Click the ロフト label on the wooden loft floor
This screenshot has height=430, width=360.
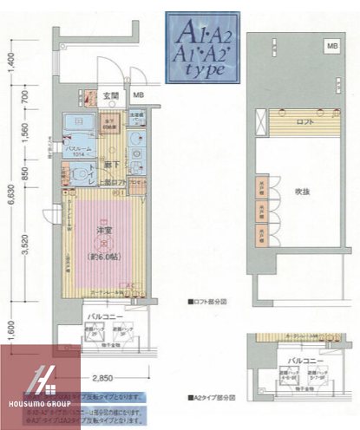pyautogui.click(x=304, y=122)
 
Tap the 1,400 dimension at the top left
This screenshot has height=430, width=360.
pyautogui.click(x=11, y=63)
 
